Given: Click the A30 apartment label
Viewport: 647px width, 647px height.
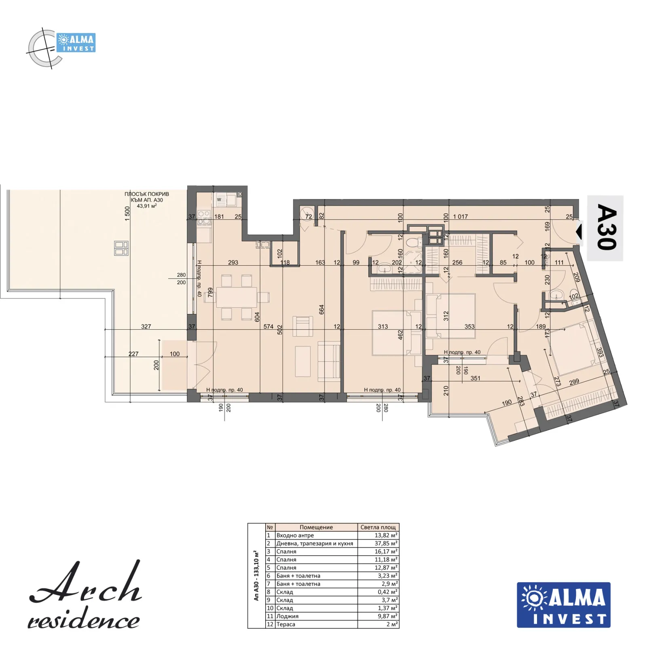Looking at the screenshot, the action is pos(607,227).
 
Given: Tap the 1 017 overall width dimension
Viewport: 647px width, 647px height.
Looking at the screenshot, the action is pos(460,217).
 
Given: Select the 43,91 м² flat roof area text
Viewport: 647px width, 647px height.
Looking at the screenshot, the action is pos(146,206).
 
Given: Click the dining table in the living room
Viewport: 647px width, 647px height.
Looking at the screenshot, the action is pos(237,297).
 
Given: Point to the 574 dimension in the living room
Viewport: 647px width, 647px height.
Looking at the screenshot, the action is pos(269,326).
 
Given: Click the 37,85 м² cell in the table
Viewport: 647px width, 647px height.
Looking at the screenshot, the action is pos(386,543).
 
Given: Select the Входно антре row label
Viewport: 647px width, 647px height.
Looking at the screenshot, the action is pos(295,535).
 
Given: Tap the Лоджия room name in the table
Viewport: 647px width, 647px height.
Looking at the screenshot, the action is pos(288,616).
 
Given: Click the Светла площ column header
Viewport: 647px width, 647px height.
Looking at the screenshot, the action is pos(378,527).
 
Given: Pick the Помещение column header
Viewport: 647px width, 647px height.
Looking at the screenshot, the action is pos(316,527).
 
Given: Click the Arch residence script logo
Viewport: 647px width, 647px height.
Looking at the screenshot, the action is pos(85,595).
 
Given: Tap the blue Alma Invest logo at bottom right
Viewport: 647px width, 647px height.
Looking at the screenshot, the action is pos(563,605).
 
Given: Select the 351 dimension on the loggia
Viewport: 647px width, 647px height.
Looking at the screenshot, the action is pos(476,378).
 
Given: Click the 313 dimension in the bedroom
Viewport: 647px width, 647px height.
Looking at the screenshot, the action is pos(383,326).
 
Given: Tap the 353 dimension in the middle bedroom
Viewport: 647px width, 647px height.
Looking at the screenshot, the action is pos(469,326).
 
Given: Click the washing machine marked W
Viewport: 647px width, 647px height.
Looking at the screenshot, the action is pos(220,199).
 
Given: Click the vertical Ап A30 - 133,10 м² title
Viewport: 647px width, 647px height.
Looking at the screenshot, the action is pos(256,575).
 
